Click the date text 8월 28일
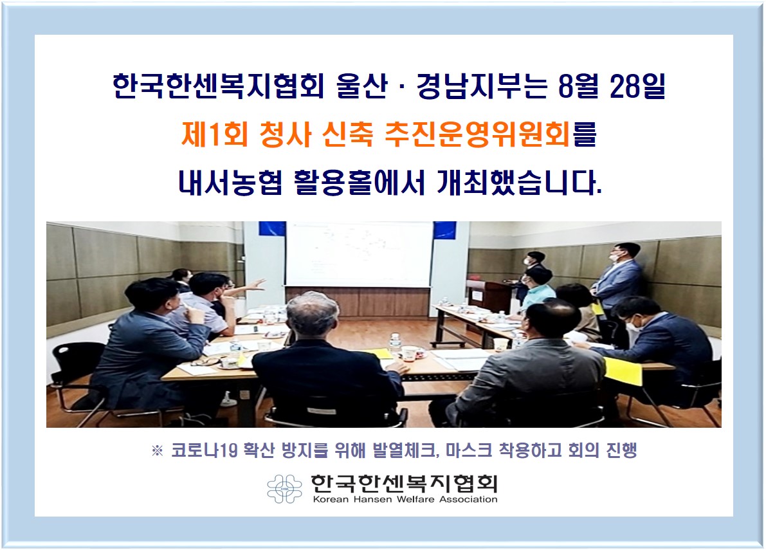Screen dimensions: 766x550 [612, 86]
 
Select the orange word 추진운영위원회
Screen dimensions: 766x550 [477, 134]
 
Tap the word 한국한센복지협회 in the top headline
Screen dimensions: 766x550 [219, 86]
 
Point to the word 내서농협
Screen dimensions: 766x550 [230, 183]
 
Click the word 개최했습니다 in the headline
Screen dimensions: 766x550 [519, 183]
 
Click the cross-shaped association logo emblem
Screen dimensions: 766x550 [285, 488]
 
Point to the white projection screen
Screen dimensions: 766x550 [359, 254]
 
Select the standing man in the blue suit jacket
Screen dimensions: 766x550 [617, 281]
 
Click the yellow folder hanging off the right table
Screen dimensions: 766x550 [623, 372]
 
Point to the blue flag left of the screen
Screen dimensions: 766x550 [272, 228]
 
